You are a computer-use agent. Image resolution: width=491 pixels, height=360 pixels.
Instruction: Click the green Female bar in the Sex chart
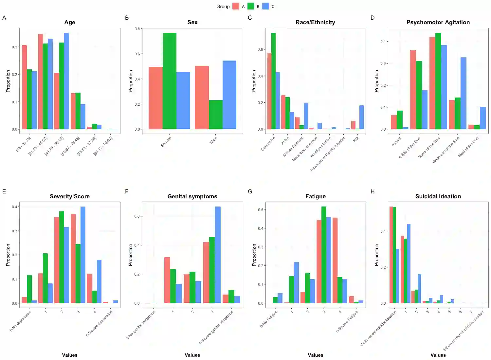(x=169, y=81)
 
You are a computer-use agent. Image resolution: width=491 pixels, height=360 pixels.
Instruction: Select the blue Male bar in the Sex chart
(x=229, y=95)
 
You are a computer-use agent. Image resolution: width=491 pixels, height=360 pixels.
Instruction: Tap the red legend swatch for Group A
(x=236, y=6)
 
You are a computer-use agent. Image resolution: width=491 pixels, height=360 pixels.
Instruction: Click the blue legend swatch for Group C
(x=266, y=6)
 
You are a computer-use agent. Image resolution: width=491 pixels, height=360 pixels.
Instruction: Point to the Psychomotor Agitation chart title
(x=438, y=22)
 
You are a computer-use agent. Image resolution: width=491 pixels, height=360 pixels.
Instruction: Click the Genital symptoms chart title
(x=192, y=196)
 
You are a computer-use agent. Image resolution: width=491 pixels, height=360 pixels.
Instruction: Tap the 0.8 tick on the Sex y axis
(x=137, y=29)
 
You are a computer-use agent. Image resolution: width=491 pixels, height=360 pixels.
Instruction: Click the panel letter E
(x=4, y=191)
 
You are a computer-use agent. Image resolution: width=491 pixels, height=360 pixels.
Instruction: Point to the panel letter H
(x=373, y=191)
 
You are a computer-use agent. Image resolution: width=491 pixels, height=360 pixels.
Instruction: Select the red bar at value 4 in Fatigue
(x=335, y=260)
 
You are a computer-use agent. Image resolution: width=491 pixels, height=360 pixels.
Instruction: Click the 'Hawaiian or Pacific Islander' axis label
(x=328, y=154)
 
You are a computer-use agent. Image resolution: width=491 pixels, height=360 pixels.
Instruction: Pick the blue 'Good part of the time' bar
(x=463, y=93)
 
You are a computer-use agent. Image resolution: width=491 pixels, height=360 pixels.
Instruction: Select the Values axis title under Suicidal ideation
(x=438, y=355)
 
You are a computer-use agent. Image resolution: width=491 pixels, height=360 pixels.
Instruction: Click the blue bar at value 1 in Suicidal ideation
(x=409, y=263)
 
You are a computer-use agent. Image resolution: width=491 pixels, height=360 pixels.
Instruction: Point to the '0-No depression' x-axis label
(x=20, y=321)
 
